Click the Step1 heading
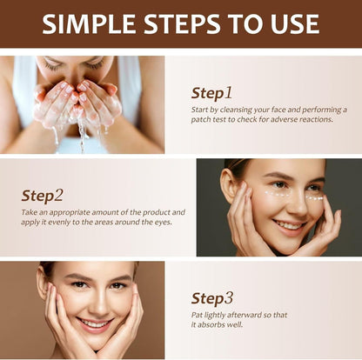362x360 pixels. tap(211, 92)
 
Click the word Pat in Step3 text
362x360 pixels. tap(198, 315)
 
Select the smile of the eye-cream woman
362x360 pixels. tap(290, 223)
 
